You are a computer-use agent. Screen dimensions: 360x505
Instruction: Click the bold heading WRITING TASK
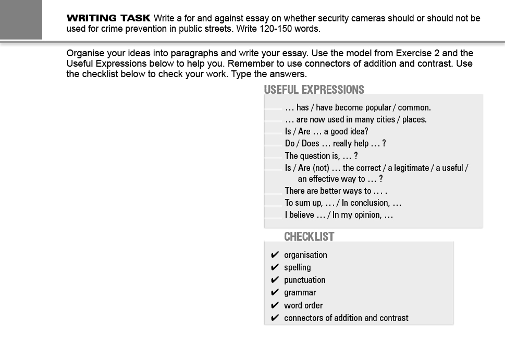coord(108,18)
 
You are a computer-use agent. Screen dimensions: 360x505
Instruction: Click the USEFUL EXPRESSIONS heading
coord(314,90)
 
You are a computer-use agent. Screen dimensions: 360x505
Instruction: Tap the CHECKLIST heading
coord(309,237)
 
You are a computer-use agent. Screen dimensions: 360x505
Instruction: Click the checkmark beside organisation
coord(275,255)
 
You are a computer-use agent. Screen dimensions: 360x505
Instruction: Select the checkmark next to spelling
coord(275,267)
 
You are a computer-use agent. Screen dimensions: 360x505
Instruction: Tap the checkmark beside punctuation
coord(275,280)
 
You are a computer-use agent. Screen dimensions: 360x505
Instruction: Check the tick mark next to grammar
coord(275,293)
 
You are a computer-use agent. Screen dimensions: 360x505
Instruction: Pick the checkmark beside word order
coord(275,305)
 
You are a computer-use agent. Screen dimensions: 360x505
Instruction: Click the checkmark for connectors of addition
coord(275,318)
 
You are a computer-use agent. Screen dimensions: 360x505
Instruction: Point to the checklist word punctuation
coord(304,280)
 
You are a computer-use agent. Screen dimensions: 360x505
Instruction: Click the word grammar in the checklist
coord(300,293)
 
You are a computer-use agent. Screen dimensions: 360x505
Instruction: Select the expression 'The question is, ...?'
coord(321,156)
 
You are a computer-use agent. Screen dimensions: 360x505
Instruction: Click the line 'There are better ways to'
coord(336,191)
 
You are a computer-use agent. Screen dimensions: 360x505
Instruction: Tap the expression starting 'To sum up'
coord(343,203)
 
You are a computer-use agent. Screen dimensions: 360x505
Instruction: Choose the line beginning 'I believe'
coord(339,215)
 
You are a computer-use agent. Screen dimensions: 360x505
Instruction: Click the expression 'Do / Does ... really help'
coord(335,143)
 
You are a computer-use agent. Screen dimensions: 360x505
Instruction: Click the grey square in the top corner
coord(21,19)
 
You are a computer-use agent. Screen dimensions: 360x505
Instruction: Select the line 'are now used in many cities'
coord(355,119)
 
